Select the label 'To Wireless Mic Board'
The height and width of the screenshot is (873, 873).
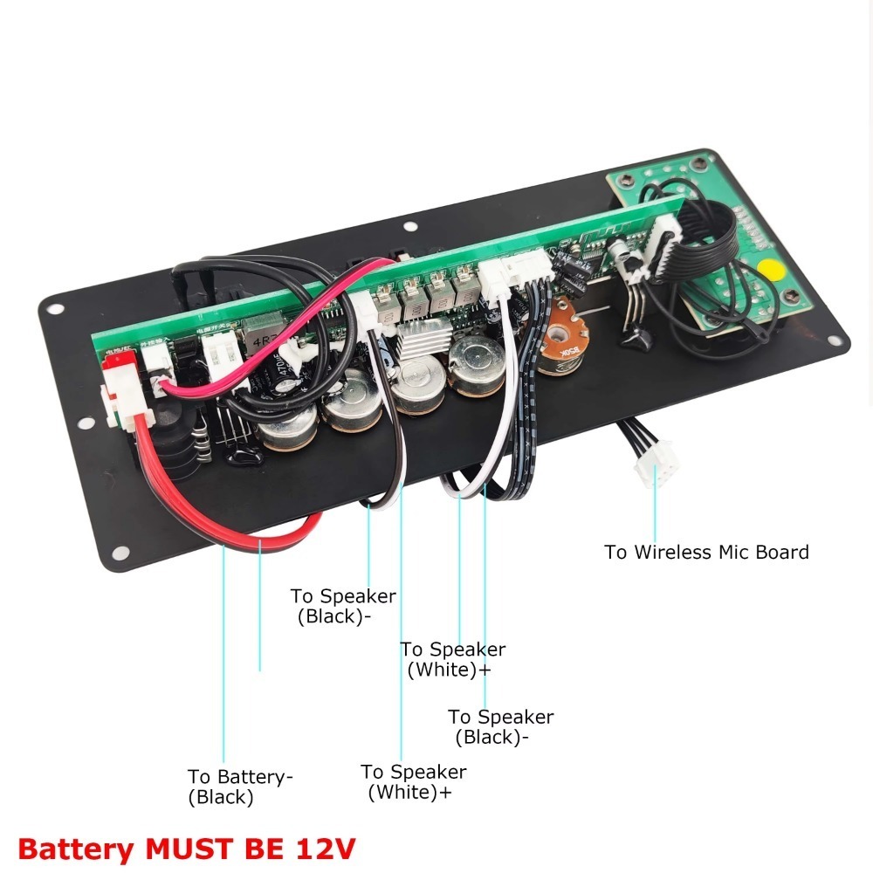point(706,552)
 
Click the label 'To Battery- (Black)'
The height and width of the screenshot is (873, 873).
point(239,787)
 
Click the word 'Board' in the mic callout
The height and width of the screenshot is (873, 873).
point(784,552)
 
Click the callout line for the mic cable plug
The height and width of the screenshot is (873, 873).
point(655,515)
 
